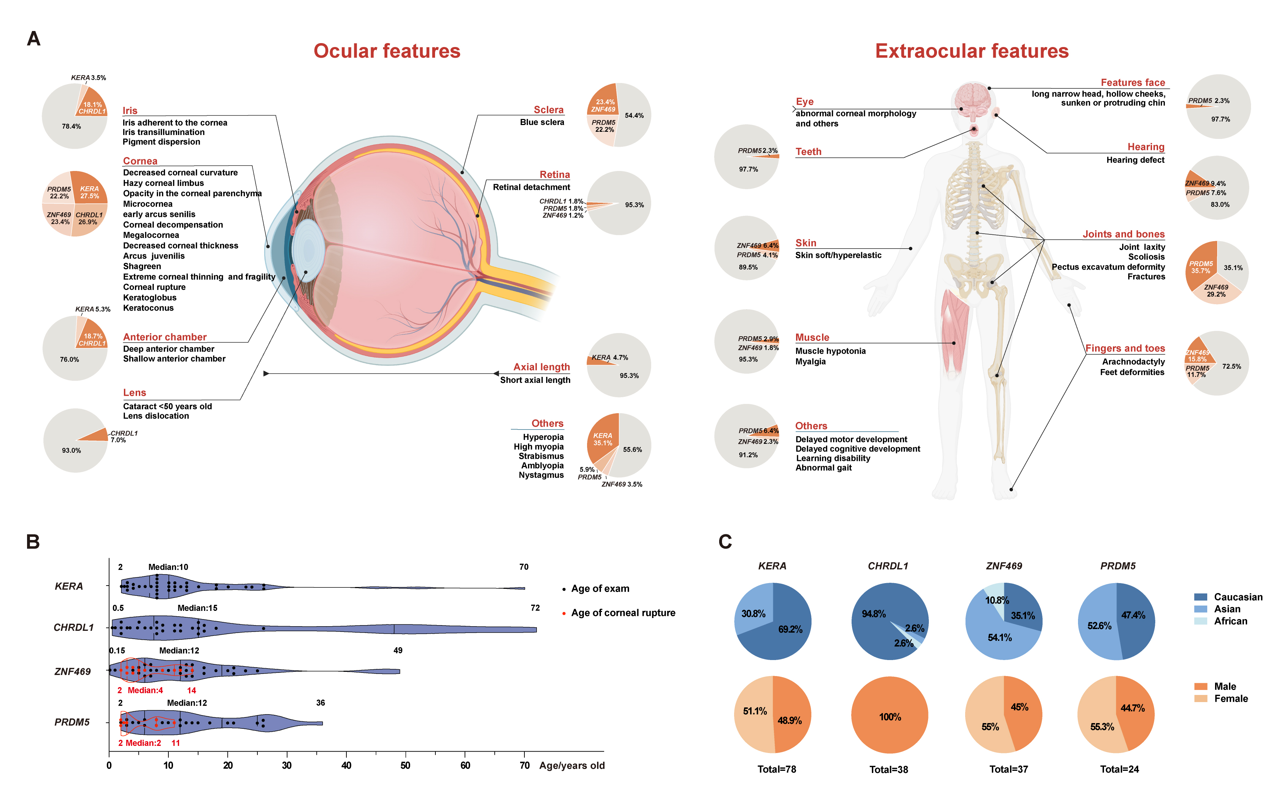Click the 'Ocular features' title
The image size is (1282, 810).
[387, 51]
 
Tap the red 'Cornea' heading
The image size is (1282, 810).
[140, 161]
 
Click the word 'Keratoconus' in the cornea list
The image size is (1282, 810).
[148, 308]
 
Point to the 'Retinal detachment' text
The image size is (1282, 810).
[531, 187]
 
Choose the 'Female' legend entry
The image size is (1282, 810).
[1230, 698]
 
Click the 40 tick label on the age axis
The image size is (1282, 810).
[346, 765]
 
